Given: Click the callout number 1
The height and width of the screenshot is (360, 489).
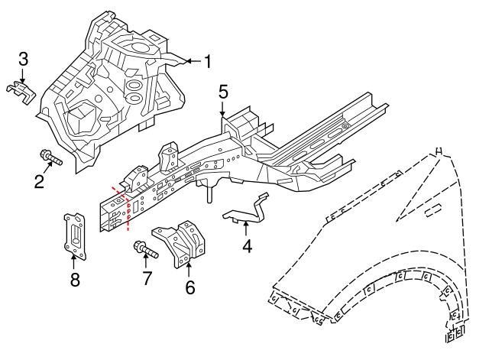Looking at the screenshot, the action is (x=207, y=61).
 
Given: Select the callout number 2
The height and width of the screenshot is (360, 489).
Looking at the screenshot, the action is (x=39, y=182).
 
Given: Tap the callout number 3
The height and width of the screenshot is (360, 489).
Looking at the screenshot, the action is (x=23, y=59).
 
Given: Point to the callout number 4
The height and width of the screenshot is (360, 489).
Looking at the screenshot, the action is (x=247, y=246).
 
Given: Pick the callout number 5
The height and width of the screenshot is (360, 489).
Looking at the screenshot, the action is (x=223, y=92).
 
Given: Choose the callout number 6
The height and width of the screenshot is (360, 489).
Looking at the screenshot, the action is (x=190, y=287).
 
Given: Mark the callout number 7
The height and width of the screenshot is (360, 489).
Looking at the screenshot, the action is (x=147, y=278).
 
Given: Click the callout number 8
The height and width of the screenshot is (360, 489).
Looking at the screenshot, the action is (x=75, y=279).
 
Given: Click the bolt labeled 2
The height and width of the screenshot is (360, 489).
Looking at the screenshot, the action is (x=51, y=157).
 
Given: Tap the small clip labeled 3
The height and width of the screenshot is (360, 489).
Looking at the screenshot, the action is (x=21, y=92).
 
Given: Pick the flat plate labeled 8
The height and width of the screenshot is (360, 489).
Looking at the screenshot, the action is (x=75, y=236).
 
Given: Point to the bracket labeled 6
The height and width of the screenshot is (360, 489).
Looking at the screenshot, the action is (x=180, y=243).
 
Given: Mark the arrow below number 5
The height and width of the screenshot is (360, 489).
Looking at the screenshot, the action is (x=222, y=109).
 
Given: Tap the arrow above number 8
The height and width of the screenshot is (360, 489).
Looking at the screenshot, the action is (x=74, y=262).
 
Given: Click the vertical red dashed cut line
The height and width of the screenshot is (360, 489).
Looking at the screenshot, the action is (x=128, y=214).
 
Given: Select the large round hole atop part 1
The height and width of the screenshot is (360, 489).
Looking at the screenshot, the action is (x=139, y=47).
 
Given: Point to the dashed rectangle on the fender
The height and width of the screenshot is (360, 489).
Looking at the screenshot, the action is (x=433, y=210).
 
